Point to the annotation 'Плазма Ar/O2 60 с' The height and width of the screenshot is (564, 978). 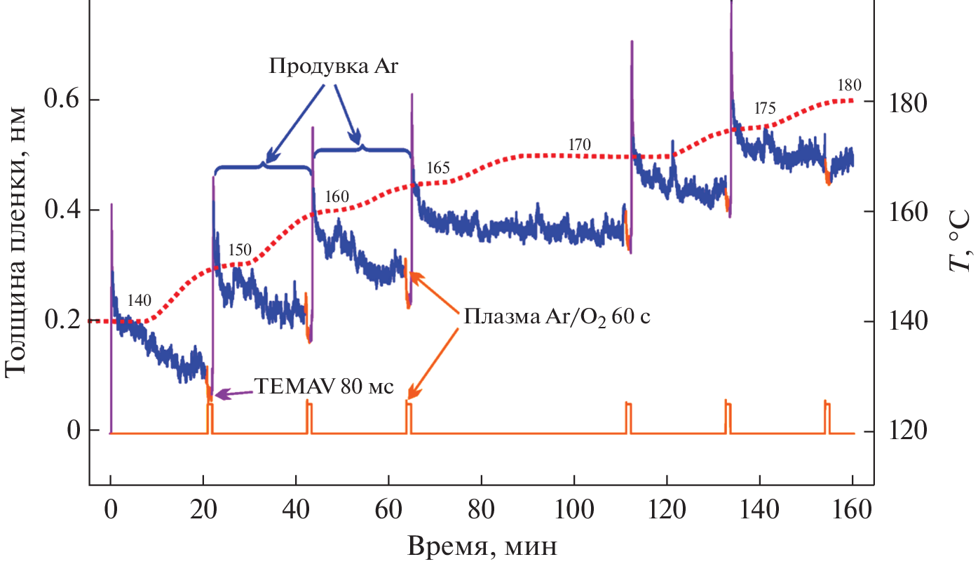coord(557,316)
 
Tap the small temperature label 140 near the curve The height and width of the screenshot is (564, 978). coord(140,300)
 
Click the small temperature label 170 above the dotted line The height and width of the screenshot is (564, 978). coord(580,145)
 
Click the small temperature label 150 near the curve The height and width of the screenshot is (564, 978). coord(239,250)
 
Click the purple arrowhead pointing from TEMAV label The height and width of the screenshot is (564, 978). coord(219,396)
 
